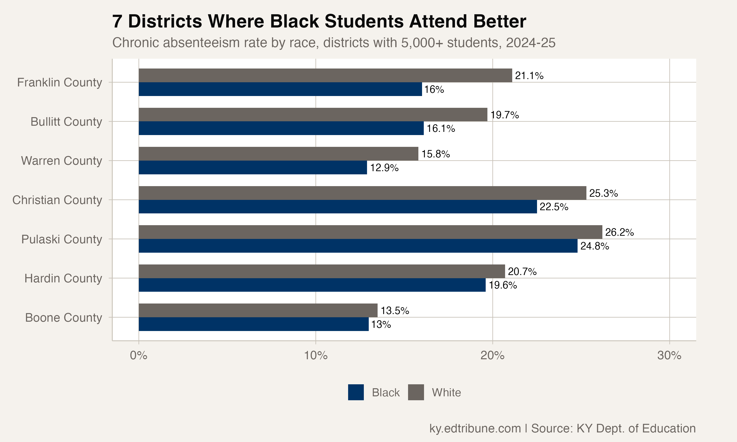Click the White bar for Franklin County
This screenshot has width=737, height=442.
pyautogui.click(x=325, y=75)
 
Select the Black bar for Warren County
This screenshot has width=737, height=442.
pyautogui.click(x=253, y=167)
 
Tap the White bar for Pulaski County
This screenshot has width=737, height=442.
pyautogui.click(x=370, y=232)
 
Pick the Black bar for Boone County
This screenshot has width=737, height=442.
pyautogui.click(x=254, y=324)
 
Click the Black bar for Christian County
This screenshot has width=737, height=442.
pyautogui.click(x=338, y=207)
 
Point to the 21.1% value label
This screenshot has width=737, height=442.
pyautogui.click(x=529, y=76)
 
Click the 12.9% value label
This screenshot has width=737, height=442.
pyautogui.click(x=384, y=168)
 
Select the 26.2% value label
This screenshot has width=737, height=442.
pyautogui.click(x=619, y=232)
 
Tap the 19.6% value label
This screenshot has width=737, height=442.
pyautogui.click(x=503, y=285)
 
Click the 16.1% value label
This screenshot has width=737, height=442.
pyautogui.click(x=440, y=129)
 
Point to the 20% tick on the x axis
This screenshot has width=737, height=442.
pyautogui.click(x=492, y=355)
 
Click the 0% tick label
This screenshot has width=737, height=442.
pyautogui.click(x=139, y=355)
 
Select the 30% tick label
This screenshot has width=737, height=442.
pyautogui.click(x=669, y=355)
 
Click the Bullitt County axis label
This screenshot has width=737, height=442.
pyautogui.click(x=66, y=122)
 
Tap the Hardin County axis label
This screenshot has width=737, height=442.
pyautogui.click(x=63, y=278)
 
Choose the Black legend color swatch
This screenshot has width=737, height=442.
pyautogui.click(x=356, y=392)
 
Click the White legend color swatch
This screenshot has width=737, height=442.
pyautogui.click(x=416, y=392)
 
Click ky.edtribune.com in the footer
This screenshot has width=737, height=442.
pyautogui.click(x=475, y=428)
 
